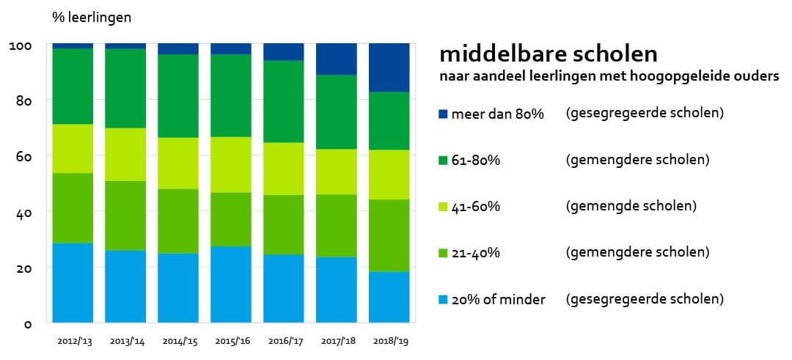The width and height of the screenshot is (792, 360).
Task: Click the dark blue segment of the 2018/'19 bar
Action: coord(389,67)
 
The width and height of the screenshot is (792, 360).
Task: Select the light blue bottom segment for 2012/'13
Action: coord(73,282)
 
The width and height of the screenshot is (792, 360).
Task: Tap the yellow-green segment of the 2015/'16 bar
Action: coord(231,164)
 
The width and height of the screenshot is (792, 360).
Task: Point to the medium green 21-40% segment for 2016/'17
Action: coord(283,224)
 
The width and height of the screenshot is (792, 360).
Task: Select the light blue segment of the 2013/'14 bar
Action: coord(125,286)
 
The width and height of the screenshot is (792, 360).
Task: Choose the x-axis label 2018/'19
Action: coord(389,342)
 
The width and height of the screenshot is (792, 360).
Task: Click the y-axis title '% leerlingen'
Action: coord(92,17)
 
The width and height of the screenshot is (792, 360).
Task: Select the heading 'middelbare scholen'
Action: coord(548,55)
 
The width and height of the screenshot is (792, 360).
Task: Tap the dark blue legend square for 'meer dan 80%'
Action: coord(442,114)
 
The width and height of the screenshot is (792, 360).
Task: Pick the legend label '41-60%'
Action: coord(476,207)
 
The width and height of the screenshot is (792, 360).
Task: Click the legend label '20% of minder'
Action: coord(498,299)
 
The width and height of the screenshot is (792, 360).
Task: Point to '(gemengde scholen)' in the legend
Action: coord(631,206)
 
